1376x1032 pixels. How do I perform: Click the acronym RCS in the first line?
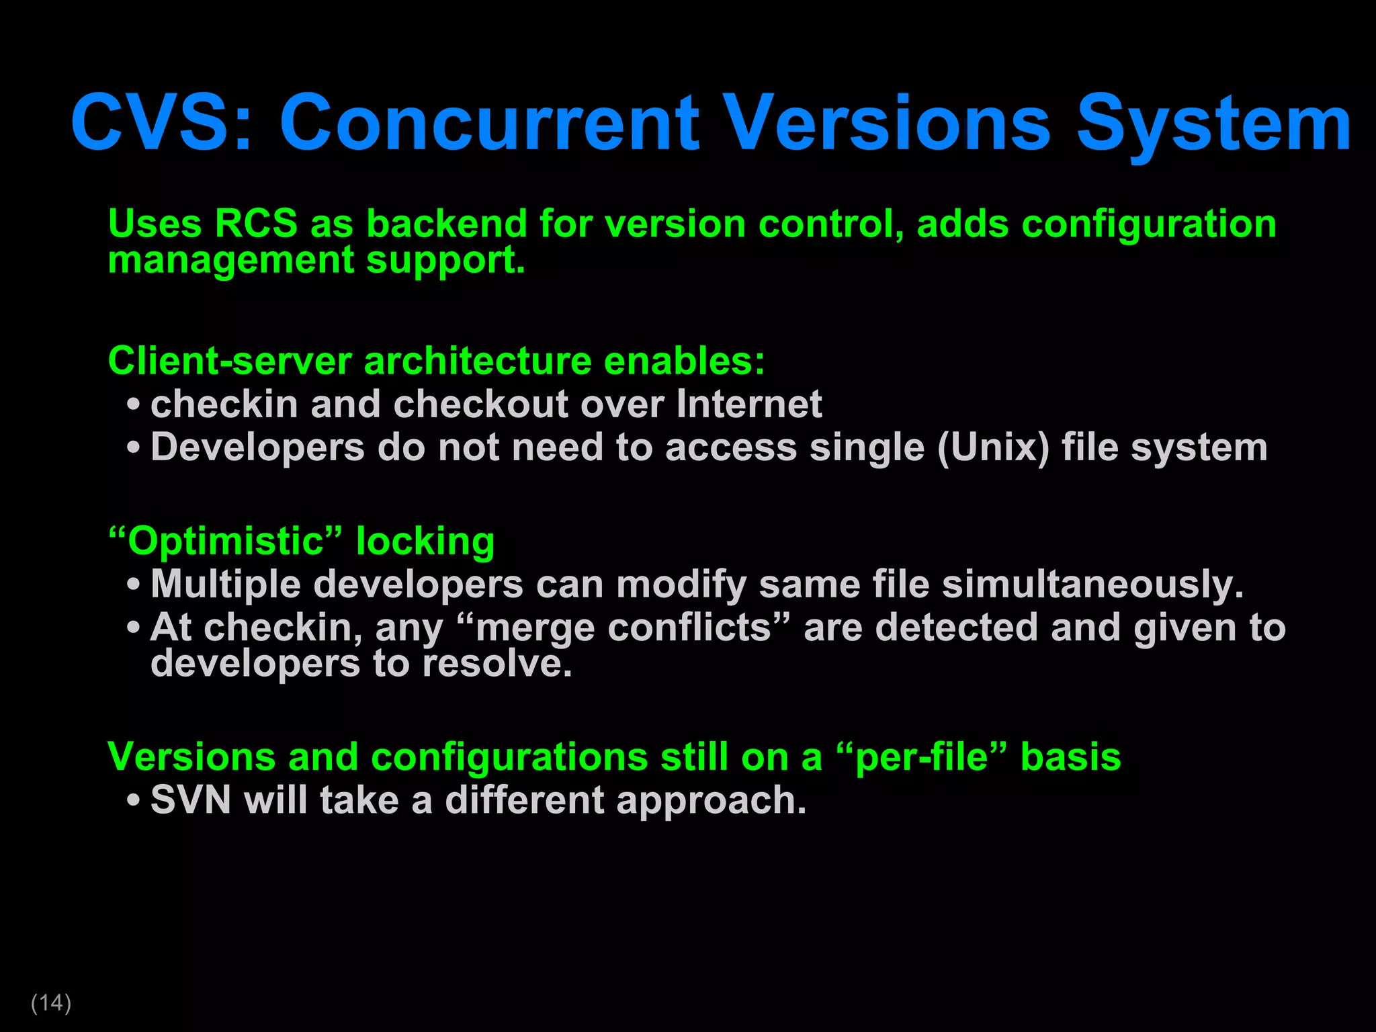(x=255, y=224)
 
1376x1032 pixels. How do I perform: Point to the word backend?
(x=446, y=224)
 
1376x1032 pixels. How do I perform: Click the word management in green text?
(x=230, y=261)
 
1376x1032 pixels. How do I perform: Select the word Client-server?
(x=229, y=361)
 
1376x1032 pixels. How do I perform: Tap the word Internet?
(x=748, y=404)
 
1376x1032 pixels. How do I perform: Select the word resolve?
(x=497, y=664)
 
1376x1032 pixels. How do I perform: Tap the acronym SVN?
(x=191, y=800)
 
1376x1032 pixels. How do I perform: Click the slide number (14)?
(x=51, y=1002)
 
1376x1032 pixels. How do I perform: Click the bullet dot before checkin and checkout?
(x=133, y=405)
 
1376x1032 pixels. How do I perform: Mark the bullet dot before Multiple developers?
(x=133, y=585)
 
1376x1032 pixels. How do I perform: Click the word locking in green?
(x=425, y=542)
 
